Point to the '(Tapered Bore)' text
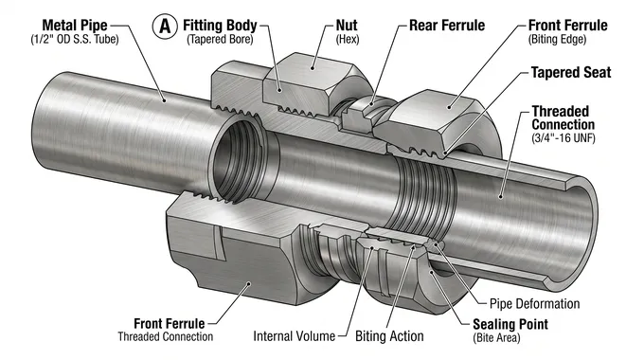pyautogui.click(x=220, y=39)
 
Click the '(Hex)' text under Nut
pyautogui.click(x=347, y=39)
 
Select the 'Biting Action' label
pyautogui.click(x=389, y=336)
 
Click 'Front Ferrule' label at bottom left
pyautogui.click(x=165, y=321)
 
